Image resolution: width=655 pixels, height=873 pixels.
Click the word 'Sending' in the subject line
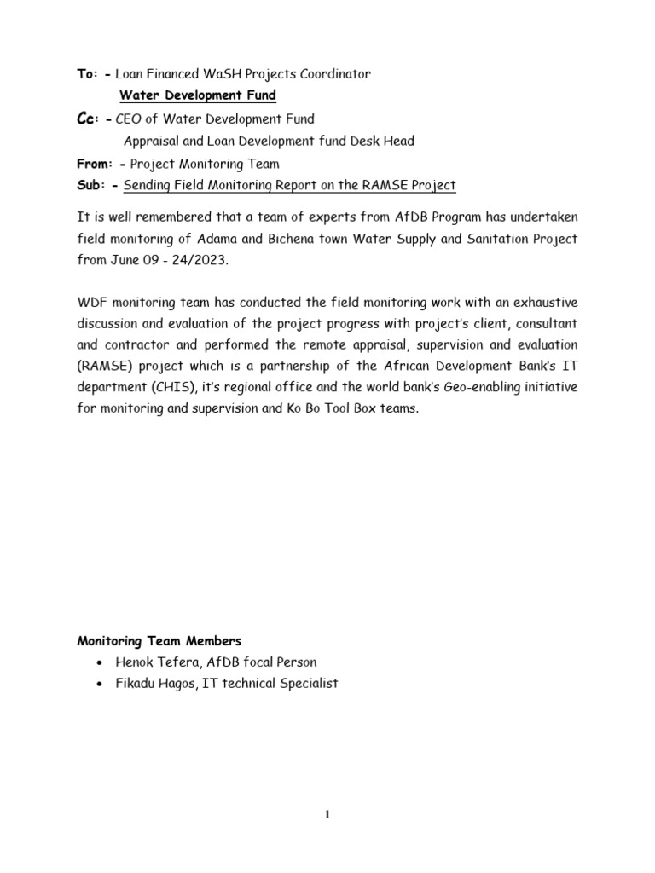[x=150, y=185]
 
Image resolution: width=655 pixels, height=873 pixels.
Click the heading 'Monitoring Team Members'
[x=159, y=640]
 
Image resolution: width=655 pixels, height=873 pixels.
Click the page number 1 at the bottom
[x=327, y=815]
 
